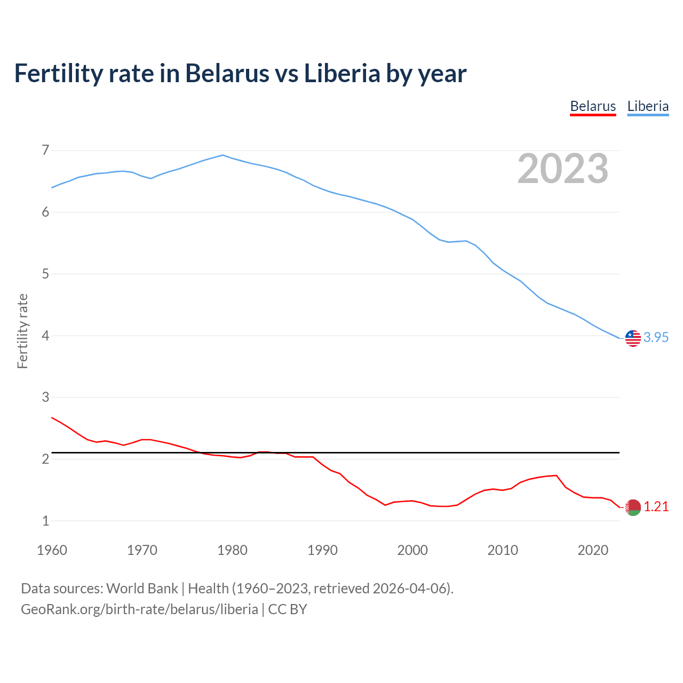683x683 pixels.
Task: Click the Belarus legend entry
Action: [593, 106]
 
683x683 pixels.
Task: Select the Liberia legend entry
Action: [648, 106]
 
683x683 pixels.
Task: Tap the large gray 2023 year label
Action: [563, 169]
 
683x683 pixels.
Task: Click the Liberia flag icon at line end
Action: [633, 338]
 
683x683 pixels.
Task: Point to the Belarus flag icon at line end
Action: [633, 507]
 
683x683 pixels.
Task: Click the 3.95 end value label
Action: [656, 337]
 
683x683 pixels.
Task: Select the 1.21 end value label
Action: [656, 506]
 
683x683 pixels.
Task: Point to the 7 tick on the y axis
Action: [45, 150]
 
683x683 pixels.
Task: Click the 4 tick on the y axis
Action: [45, 336]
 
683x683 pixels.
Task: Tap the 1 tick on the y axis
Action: [45, 521]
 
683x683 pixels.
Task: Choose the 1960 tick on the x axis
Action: [52, 550]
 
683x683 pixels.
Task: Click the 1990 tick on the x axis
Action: [322, 550]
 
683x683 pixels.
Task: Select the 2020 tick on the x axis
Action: [593, 550]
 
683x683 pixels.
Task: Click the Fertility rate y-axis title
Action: [22, 331]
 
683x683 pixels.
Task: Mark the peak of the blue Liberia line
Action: [223, 155]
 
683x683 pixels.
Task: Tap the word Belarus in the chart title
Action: [227, 73]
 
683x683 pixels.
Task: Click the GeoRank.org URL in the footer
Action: [139, 609]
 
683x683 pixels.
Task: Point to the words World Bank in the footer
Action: [142, 589]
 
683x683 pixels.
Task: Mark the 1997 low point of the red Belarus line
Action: [385, 505]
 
